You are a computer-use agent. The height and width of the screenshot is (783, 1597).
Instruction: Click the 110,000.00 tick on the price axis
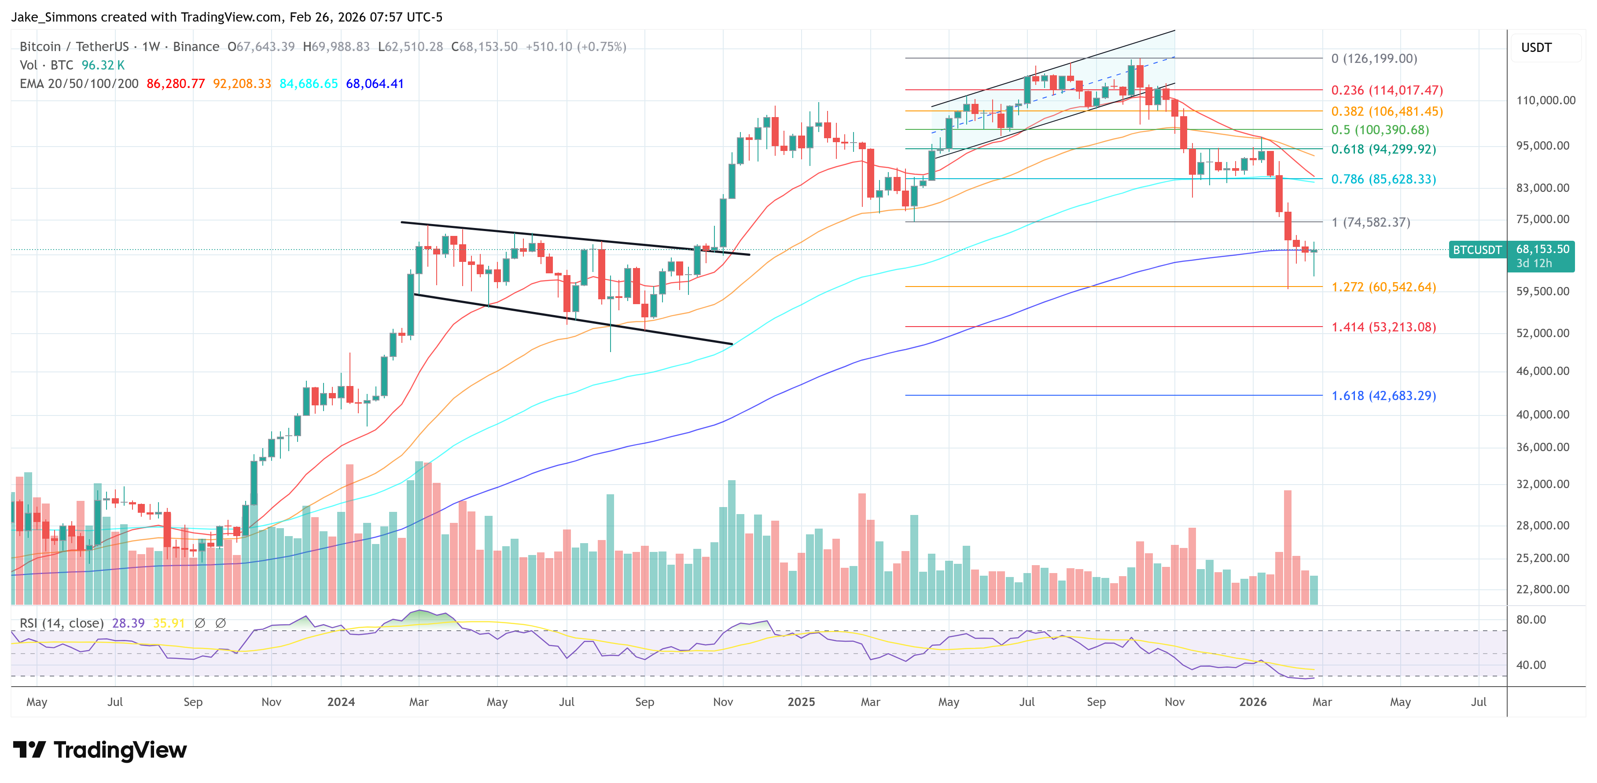1545,100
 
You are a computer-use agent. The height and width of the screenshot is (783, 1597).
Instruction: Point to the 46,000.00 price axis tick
1542,371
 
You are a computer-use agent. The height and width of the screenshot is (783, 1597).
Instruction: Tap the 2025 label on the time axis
801,702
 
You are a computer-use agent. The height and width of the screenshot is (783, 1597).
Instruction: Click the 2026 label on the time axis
1252,702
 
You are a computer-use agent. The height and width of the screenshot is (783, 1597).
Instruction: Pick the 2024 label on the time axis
341,702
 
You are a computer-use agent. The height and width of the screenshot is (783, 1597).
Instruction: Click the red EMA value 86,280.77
176,84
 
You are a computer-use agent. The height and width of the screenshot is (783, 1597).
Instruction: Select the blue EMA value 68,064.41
375,84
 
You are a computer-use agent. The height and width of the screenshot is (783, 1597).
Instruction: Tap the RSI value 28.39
129,623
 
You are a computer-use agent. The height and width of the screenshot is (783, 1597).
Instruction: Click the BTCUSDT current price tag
1477,250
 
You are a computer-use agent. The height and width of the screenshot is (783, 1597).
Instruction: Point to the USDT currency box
1536,48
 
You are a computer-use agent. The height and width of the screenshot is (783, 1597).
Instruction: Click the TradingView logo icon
29,750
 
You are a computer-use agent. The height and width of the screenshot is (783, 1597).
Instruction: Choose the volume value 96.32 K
103,65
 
